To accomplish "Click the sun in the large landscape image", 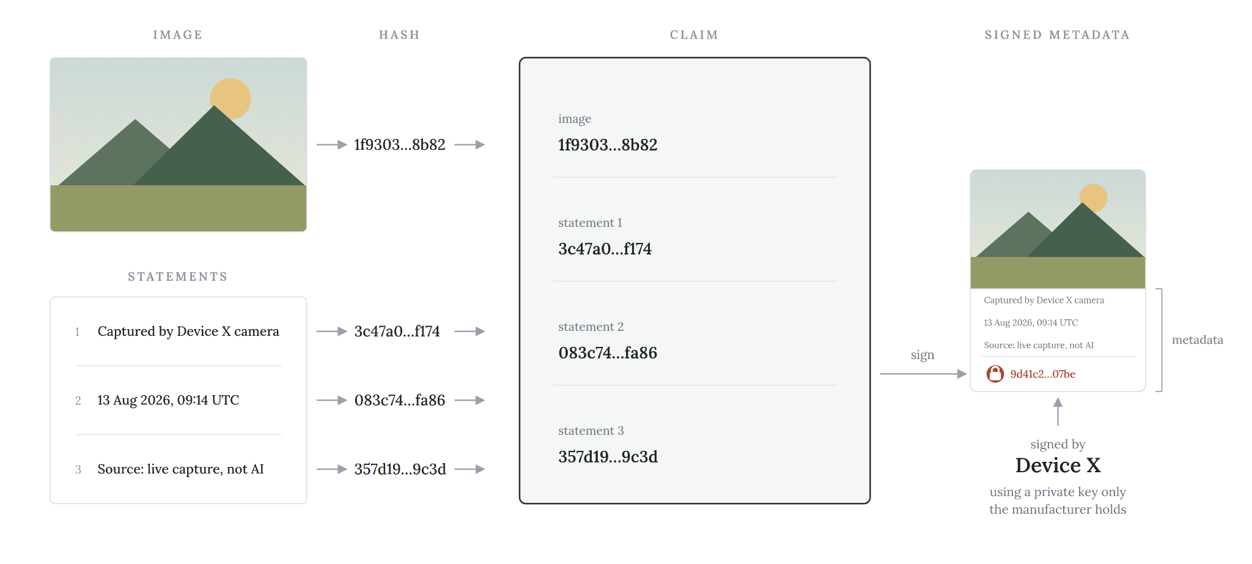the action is [230, 97].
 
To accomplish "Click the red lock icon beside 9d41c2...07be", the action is [995, 374].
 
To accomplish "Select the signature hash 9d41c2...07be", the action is [1042, 374].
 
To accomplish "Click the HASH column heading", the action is [399, 35].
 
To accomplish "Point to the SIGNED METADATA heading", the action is [1057, 35].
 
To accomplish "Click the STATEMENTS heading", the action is [177, 276].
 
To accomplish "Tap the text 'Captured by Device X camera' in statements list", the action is [188, 331].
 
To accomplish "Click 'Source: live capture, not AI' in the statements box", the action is [181, 469].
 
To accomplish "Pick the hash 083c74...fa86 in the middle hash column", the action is [400, 400].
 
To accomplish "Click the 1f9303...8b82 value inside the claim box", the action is [608, 145].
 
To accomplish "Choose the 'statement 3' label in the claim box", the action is [591, 431].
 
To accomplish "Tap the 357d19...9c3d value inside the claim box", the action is [608, 457].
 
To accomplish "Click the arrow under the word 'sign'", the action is [923, 374].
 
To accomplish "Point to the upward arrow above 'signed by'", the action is [1058, 411].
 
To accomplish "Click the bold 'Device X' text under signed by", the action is [1058, 466].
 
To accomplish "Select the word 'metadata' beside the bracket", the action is [1197, 340].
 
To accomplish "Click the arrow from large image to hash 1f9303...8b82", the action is [332, 145].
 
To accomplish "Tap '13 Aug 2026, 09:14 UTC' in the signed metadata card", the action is [1031, 322].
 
